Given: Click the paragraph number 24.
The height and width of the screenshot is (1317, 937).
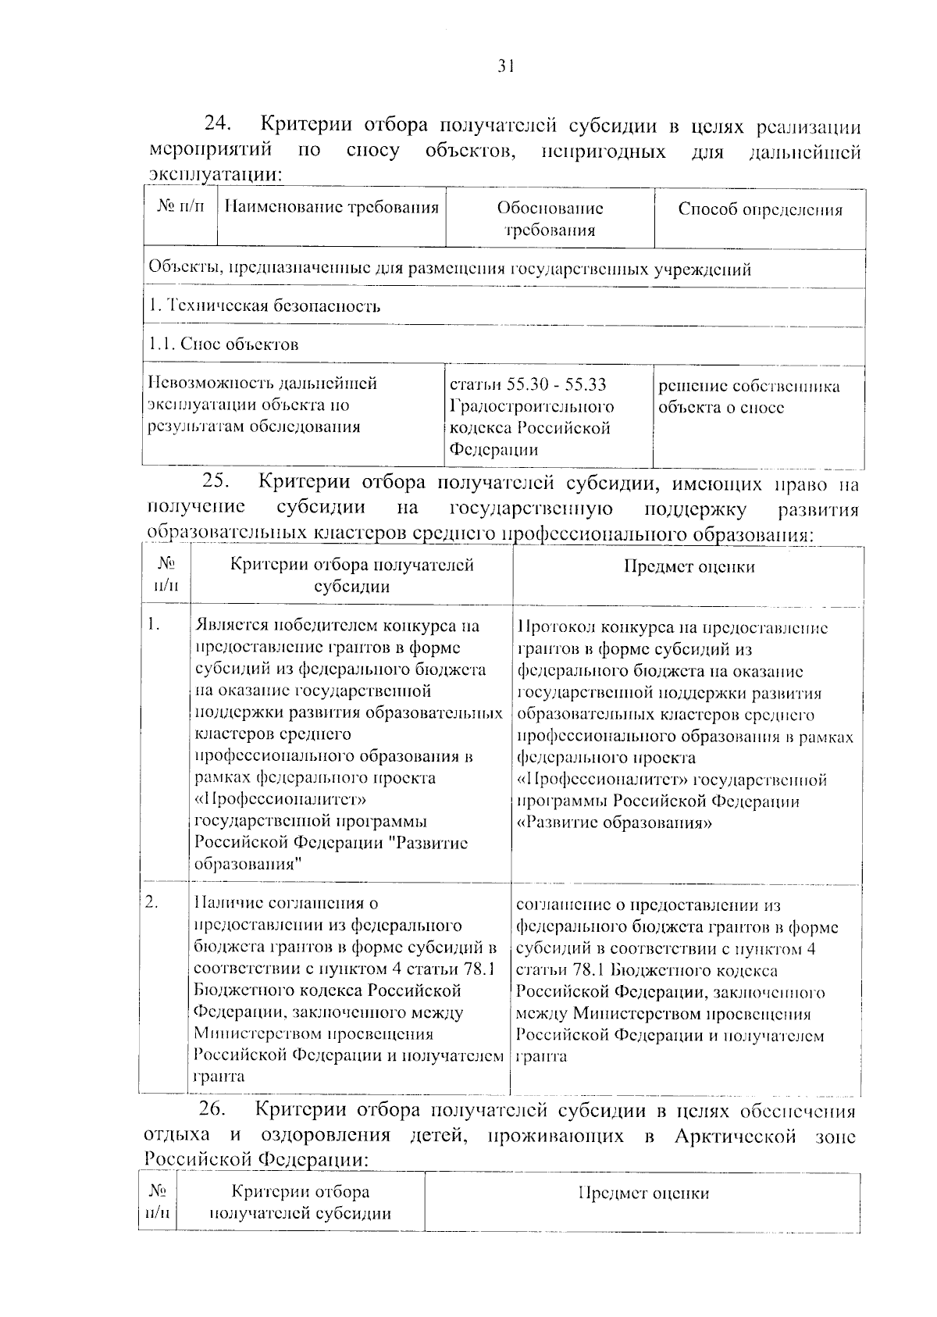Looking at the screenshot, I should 218,125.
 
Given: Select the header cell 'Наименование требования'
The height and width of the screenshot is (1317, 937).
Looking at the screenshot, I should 331,208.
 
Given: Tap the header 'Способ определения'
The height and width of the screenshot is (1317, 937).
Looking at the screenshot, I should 760,209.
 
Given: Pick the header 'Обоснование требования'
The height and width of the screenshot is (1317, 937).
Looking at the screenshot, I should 550,219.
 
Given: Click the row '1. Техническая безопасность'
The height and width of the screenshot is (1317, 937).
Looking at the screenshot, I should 265,306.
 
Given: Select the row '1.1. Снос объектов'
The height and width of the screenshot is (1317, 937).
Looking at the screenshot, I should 223,344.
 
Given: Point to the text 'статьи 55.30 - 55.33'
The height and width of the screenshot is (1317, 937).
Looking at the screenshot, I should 528,384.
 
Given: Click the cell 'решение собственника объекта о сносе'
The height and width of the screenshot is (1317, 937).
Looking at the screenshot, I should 748,397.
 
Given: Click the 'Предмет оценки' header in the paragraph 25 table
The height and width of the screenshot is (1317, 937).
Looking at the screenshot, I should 689,567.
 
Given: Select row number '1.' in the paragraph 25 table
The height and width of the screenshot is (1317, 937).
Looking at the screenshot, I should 154,624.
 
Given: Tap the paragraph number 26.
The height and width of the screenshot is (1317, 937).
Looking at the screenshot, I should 212,1110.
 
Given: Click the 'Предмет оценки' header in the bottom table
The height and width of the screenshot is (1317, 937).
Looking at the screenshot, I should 643,1194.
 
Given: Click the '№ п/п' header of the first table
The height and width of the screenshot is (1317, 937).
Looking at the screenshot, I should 180,208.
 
